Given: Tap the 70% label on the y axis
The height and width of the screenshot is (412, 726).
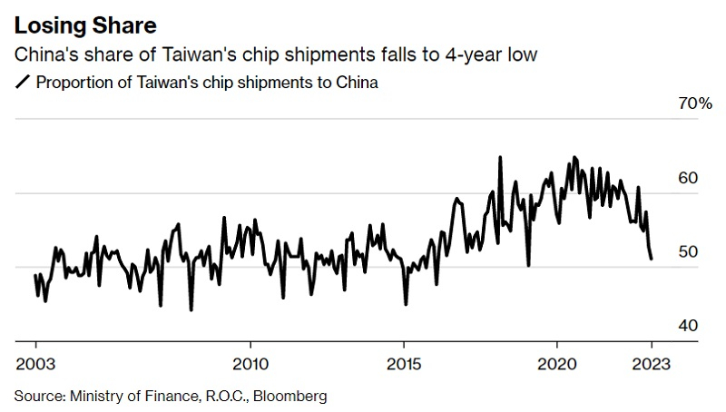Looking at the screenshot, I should pos(695,104).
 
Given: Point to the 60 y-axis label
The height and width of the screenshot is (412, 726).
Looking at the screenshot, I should pos(688,178).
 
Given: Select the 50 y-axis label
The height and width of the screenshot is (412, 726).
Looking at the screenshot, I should pos(688,251).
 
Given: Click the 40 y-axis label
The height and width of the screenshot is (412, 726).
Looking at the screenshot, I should pos(688,326).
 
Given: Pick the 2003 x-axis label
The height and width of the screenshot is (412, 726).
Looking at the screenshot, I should pos(35,364).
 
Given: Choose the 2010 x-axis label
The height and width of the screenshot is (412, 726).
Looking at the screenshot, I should pos(250,364).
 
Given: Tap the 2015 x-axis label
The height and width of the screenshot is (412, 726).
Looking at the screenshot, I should pos(404,364).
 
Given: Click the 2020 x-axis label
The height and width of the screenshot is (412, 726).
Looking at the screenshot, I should pos(557,364).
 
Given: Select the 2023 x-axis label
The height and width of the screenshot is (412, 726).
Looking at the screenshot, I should pos(651,364).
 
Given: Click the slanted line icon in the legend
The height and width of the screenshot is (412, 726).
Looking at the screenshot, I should pos(22,83).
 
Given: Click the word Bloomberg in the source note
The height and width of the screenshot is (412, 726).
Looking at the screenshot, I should pos(293,397).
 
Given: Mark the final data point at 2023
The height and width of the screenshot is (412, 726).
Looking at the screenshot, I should pos(652,260).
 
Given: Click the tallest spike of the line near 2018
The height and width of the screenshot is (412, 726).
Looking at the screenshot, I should pos(500,157).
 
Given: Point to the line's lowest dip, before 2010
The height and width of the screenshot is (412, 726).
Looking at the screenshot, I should pos(191,310).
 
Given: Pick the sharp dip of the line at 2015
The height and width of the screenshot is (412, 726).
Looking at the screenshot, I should pos(406,304).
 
